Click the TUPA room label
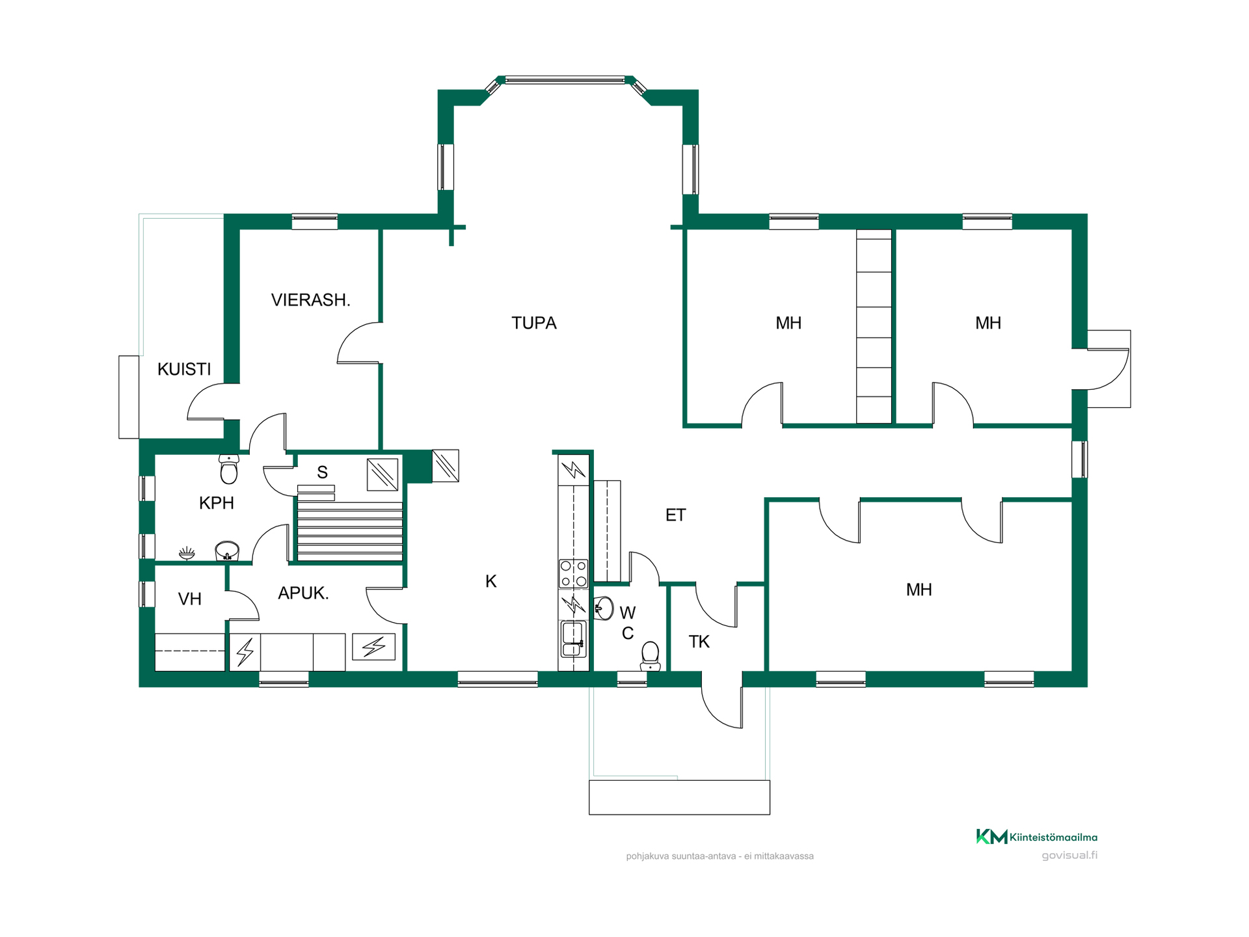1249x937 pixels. click(x=533, y=323)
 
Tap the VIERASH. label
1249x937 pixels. click(x=310, y=300)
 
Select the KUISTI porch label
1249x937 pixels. click(x=184, y=370)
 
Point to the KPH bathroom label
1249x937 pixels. click(x=216, y=503)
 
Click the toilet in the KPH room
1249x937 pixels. click(x=229, y=468)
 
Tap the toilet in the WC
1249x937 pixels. click(x=650, y=656)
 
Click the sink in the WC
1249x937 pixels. click(x=604, y=608)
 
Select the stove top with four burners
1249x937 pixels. click(x=573, y=574)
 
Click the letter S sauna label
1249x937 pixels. click(x=322, y=472)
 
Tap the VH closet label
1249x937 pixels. click(x=189, y=599)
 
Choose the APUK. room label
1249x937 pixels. click(x=303, y=593)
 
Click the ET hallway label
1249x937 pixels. click(x=675, y=515)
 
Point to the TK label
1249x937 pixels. click(x=699, y=642)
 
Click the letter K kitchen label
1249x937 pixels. click(x=491, y=582)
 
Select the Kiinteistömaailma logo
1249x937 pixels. click(x=1036, y=837)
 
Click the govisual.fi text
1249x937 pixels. click(x=1069, y=855)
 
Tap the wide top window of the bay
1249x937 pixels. click(x=565, y=80)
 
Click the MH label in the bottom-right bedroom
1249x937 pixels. click(x=919, y=590)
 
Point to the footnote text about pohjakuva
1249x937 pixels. click(x=719, y=856)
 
